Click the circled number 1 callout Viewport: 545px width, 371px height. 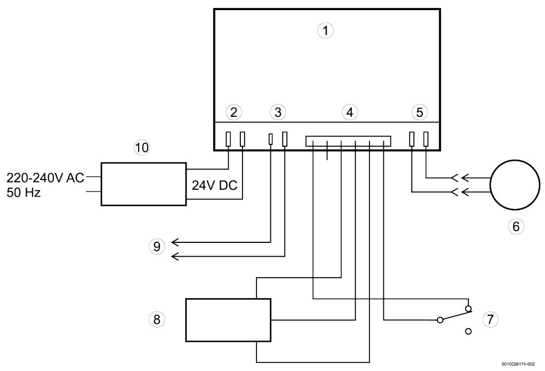coord(325,31)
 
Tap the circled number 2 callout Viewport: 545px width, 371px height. coord(233,112)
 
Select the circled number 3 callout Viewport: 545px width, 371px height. coord(277,112)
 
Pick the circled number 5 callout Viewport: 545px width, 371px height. coord(419,112)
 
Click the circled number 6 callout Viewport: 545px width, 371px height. coord(516,226)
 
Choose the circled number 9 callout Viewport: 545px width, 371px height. coord(156,247)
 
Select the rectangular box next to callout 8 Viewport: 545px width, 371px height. coord(228,320)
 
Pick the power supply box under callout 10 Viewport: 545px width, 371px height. coord(143,184)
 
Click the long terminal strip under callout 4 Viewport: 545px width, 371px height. coord(349,141)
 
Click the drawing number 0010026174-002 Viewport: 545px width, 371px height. coord(521,363)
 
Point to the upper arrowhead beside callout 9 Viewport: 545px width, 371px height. coord(175,243)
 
